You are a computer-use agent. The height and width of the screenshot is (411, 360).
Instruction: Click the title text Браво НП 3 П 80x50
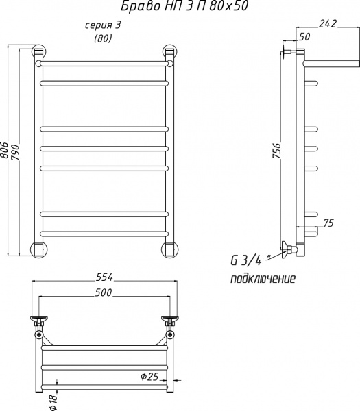(184, 6)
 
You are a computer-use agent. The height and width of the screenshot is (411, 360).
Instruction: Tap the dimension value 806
(4, 150)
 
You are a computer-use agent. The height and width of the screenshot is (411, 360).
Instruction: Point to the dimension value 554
(104, 277)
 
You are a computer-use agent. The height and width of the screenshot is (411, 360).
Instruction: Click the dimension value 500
(104, 292)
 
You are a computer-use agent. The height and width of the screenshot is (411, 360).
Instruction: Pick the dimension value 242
(328, 23)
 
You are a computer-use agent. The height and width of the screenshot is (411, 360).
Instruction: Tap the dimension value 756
(276, 151)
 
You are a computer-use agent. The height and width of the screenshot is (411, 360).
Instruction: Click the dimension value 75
(328, 223)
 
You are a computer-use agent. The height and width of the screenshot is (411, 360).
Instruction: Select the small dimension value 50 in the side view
(304, 37)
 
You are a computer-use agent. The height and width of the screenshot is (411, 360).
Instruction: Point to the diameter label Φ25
(149, 377)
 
